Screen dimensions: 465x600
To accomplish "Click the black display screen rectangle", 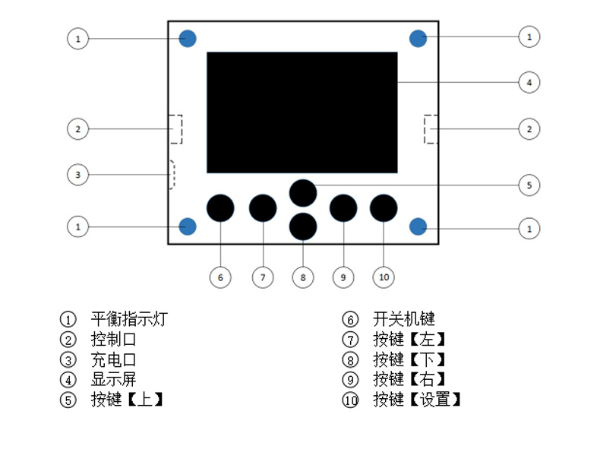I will (x=302, y=112).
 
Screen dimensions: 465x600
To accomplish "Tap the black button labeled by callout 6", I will (x=220, y=207).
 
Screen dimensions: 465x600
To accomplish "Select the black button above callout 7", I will (x=263, y=207).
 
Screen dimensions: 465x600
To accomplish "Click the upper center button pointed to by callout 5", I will (x=303, y=192).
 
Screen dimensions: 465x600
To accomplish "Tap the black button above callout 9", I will (x=343, y=207).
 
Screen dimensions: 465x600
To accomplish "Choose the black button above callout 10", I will (x=384, y=207).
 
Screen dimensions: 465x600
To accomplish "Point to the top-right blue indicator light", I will (x=418, y=38).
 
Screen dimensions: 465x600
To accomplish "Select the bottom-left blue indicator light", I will (x=188, y=226).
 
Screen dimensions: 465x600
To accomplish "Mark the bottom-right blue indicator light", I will (x=418, y=226).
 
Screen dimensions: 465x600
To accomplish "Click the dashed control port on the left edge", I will (x=175, y=129).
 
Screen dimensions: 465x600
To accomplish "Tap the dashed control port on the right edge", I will (x=431, y=129).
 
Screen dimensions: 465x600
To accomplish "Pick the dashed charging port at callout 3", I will (x=172, y=175).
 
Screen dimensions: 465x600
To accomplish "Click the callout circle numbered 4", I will (x=529, y=82).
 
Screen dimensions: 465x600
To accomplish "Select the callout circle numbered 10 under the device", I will (x=384, y=277).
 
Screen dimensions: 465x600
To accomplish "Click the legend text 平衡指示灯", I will (x=128, y=319).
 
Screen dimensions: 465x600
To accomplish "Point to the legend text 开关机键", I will (x=403, y=319).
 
